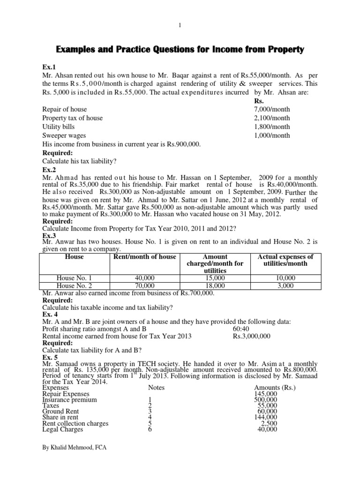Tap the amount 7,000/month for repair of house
click(271, 109)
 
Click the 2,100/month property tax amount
click(271, 118)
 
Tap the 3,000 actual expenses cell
click(285, 285)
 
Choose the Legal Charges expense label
click(63, 429)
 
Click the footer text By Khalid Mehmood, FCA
click(74, 448)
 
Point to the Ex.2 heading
click(49, 170)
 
